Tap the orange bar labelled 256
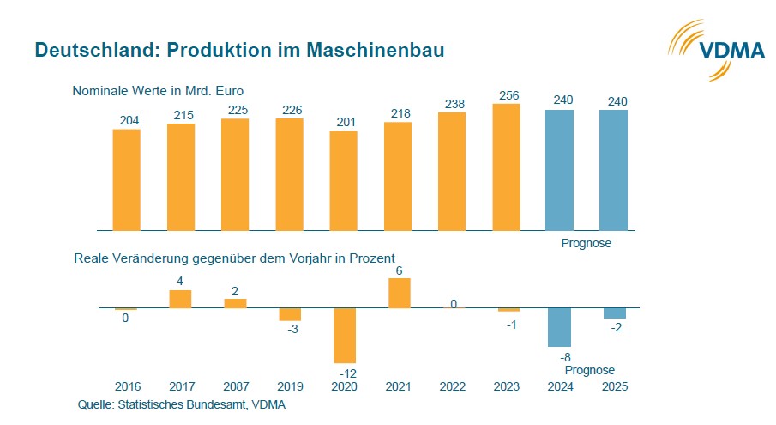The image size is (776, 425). tap(506, 167)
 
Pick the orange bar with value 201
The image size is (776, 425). tap(343, 180)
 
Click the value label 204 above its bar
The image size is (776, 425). tap(126, 121)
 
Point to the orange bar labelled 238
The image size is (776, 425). tap(452, 172)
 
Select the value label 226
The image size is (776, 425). tap(289, 110)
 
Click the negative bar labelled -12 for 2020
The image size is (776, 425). tap(344, 335)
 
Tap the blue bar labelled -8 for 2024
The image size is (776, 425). tap(560, 327)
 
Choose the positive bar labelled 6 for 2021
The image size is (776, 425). tap(398, 293)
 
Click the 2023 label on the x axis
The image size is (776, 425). tap(506, 387)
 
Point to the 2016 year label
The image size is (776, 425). tap(126, 387)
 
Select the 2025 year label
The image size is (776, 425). tap(614, 387)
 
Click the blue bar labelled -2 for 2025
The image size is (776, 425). tap(614, 313)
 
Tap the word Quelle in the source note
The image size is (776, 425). tap(95, 404)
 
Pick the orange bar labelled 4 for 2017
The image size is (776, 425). tap(180, 299)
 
